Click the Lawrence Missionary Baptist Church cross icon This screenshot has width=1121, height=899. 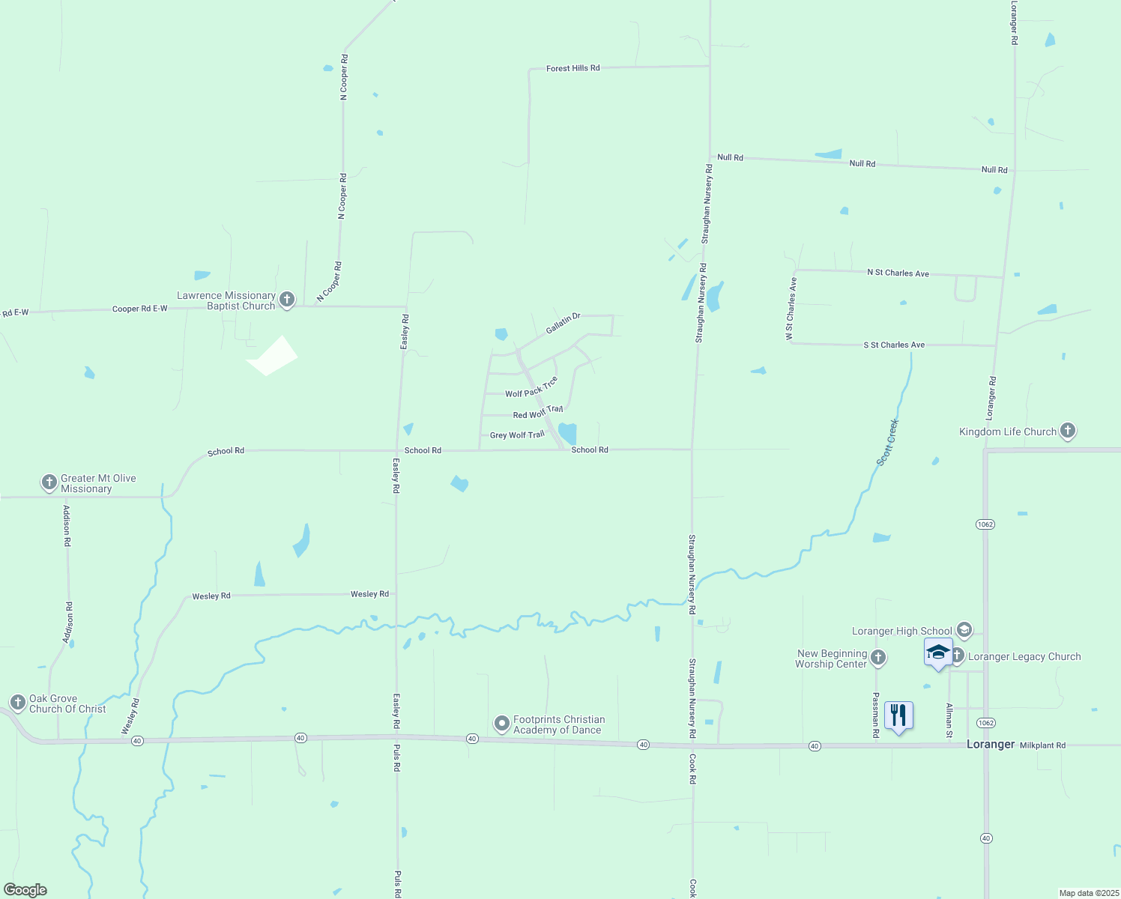[x=286, y=300]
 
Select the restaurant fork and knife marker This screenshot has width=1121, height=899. [x=898, y=715]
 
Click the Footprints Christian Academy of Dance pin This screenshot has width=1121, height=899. [x=501, y=724]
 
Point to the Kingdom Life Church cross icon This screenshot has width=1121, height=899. [x=1068, y=431]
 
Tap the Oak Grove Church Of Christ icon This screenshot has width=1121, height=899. [x=18, y=703]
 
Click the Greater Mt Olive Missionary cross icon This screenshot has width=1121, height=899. [x=49, y=482]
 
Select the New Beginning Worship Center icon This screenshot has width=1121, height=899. [x=878, y=658]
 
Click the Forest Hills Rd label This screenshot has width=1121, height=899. [x=573, y=68]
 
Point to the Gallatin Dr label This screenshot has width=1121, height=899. [x=563, y=324]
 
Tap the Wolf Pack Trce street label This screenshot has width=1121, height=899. [x=531, y=388]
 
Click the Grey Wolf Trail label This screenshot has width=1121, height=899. [x=517, y=435]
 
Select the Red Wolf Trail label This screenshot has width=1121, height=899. [x=538, y=412]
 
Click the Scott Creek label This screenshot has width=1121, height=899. [x=887, y=443]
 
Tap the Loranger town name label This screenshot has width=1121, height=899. [x=991, y=744]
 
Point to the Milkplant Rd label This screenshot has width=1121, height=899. [x=1042, y=745]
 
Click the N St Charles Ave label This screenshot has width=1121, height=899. [x=898, y=273]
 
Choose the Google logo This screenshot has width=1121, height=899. [x=25, y=890]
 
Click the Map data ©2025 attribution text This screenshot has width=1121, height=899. [x=1088, y=893]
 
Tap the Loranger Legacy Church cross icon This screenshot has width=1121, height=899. [x=957, y=656]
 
